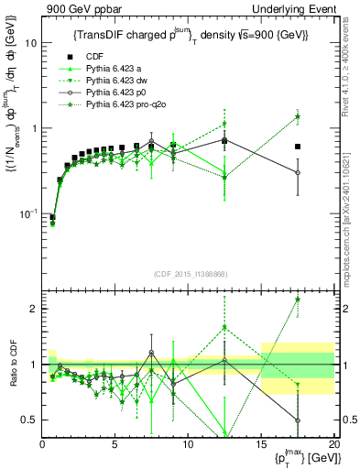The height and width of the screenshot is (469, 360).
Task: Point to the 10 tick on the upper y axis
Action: [x=31, y=43]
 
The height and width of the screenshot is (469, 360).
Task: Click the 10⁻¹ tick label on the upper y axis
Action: [x=28, y=213]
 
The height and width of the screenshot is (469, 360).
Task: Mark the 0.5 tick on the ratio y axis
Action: [x=29, y=420]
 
